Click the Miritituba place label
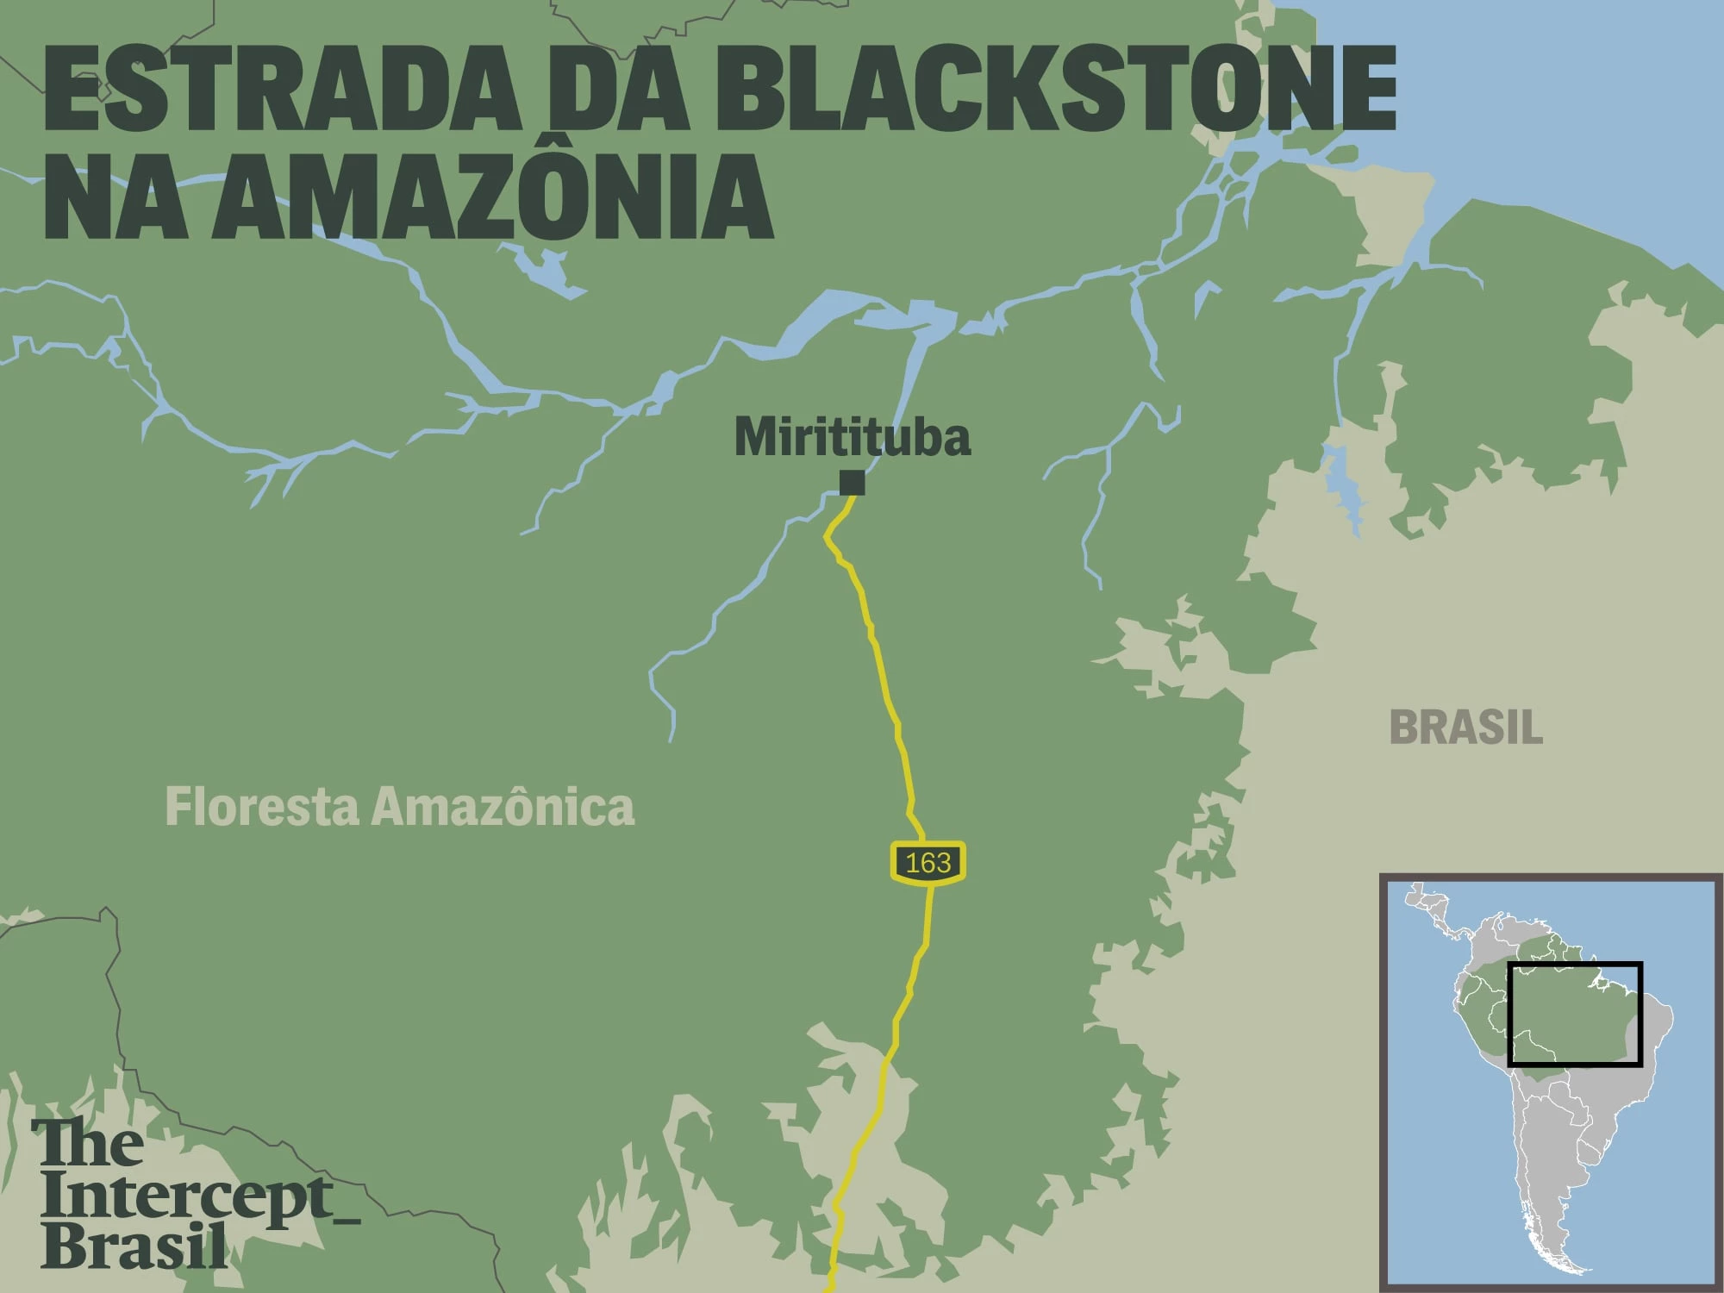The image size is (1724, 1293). click(852, 437)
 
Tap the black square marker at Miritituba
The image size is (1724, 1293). click(852, 482)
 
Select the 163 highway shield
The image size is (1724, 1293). click(928, 862)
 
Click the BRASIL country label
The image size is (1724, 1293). click(1465, 728)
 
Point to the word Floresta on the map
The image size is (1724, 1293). click(261, 808)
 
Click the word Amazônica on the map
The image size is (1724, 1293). click(503, 808)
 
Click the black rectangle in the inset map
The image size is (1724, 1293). click(1574, 965)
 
